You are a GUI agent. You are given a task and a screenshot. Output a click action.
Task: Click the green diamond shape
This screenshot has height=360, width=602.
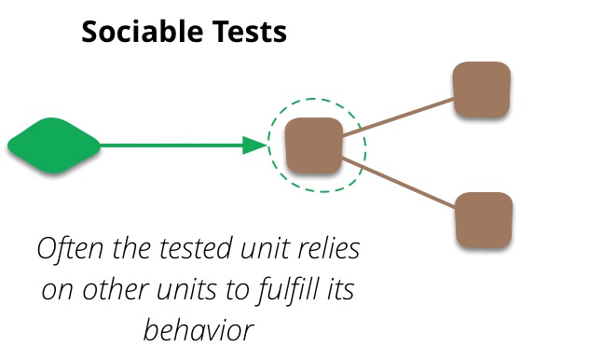(53, 145)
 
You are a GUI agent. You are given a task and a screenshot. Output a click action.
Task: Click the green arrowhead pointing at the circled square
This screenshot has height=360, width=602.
(254, 145)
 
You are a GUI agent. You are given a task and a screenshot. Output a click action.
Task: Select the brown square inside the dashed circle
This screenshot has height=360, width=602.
(313, 145)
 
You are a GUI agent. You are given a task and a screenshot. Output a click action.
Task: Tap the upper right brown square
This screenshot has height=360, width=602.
(482, 90)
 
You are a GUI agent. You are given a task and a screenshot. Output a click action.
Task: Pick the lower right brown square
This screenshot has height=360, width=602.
(484, 219)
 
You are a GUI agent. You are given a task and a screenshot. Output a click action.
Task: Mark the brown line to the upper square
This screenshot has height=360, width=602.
(399, 117)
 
